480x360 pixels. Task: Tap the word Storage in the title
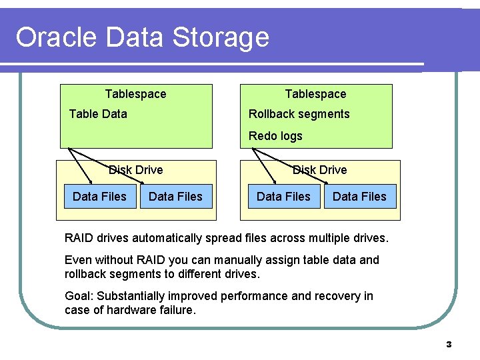pos(221,37)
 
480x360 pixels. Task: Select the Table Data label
pos(98,114)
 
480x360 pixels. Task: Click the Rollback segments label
pos(299,114)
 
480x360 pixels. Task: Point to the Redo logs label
pos(275,136)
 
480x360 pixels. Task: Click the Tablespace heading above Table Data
pos(136,94)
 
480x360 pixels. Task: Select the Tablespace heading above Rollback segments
pos(316,94)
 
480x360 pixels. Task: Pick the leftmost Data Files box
pos(99,196)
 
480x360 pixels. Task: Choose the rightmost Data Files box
pos(359,196)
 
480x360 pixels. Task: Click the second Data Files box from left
pos(175,196)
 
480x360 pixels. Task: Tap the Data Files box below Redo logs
pos(283,196)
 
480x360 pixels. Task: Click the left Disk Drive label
pos(136,170)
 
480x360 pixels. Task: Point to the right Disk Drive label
pos(320,170)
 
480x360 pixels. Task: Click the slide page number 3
pos(449,345)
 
